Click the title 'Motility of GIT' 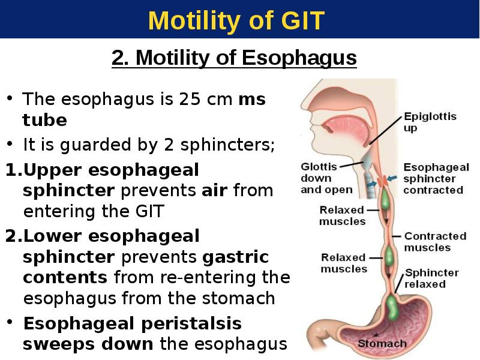[x=236, y=20]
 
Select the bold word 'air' [x=214, y=190]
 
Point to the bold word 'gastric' [x=235, y=257]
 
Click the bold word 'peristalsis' [x=191, y=324]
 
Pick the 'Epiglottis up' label [x=430, y=122]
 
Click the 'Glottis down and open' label [x=326, y=178]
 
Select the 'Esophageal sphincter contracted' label [x=436, y=178]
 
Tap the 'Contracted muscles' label [x=435, y=242]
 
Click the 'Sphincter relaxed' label [x=431, y=278]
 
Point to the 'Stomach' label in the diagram [x=382, y=343]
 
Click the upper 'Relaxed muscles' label [x=342, y=215]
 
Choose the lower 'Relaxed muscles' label [x=343, y=263]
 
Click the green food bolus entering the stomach [x=392, y=307]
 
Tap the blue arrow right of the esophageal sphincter [x=392, y=178]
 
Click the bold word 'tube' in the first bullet [x=44, y=119]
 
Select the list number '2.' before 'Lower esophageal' [x=14, y=236]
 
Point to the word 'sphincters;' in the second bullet [x=227, y=145]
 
